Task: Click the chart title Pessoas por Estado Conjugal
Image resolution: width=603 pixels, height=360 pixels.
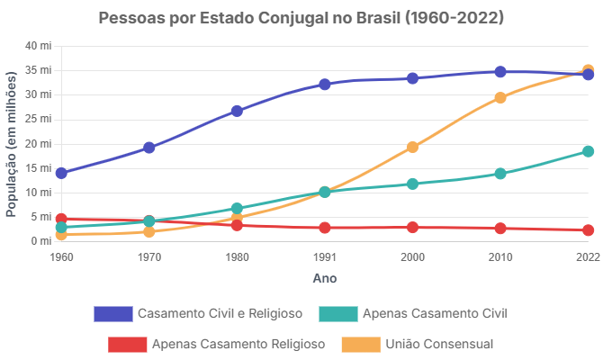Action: (301, 18)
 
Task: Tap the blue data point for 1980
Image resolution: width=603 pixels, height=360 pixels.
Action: (237, 111)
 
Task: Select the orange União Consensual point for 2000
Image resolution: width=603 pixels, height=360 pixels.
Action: (412, 147)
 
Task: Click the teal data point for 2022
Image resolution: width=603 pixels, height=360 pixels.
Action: (588, 151)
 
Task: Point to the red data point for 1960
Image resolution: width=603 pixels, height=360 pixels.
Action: (61, 219)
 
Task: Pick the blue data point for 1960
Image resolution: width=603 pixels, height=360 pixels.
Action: (61, 173)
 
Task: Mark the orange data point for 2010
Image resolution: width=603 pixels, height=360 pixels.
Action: (500, 98)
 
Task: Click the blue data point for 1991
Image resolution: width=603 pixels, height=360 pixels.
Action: (324, 85)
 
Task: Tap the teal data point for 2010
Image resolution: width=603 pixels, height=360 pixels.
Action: (500, 174)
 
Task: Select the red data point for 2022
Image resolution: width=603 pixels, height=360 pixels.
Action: (588, 230)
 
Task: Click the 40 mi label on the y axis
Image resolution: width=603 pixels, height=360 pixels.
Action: (39, 46)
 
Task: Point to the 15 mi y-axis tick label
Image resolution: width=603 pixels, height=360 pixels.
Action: (39, 168)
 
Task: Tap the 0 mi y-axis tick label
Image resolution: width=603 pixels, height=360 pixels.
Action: (41, 241)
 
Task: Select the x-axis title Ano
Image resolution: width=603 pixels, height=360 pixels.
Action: (324, 279)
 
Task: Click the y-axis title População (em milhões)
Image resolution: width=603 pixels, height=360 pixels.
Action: (13, 144)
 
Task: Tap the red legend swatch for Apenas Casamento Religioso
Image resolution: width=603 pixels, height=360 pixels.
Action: (126, 344)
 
